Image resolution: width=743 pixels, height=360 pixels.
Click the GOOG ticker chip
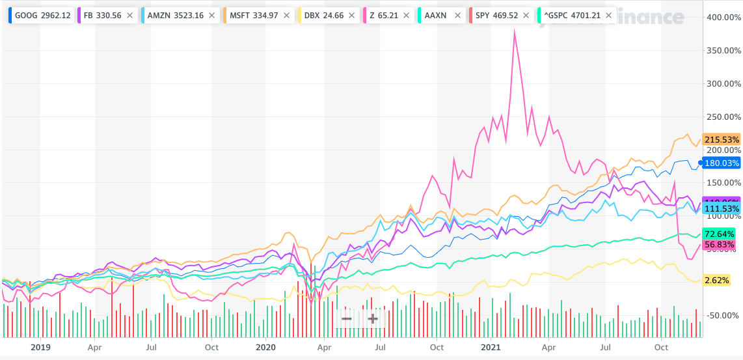point(39,14)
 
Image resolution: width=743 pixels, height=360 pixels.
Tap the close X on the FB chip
point(130,14)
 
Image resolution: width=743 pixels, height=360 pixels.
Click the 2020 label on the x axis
point(265,348)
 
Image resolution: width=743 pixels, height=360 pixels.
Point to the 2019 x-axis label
point(40,348)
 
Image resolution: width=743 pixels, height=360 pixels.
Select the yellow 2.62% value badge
point(716,281)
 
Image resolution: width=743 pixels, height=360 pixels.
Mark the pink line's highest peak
point(515,31)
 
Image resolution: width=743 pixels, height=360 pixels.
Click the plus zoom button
point(373,319)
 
